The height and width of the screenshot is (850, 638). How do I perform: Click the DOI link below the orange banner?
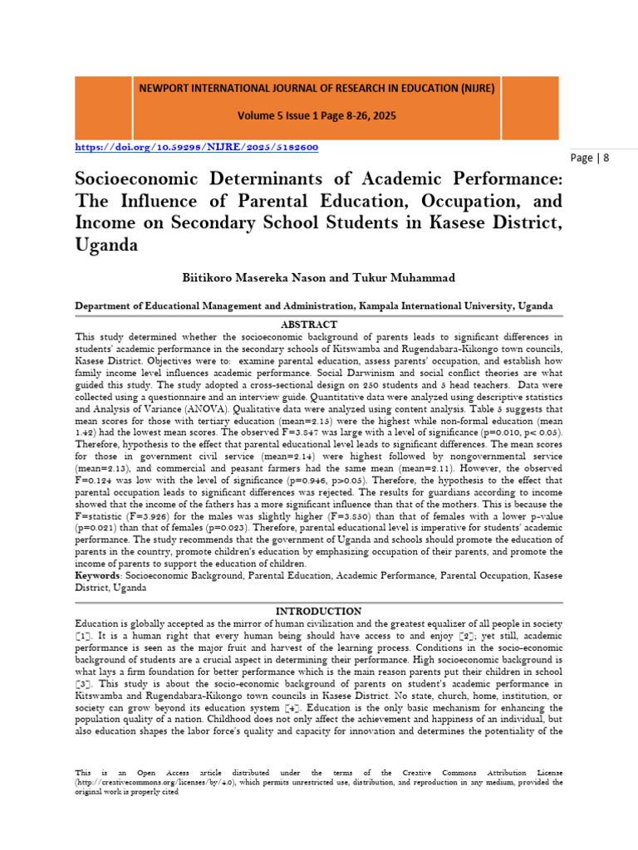[x=196, y=147]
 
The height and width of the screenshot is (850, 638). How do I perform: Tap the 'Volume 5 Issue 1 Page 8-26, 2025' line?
[x=317, y=117]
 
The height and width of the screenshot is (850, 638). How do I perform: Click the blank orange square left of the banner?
[x=103, y=103]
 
